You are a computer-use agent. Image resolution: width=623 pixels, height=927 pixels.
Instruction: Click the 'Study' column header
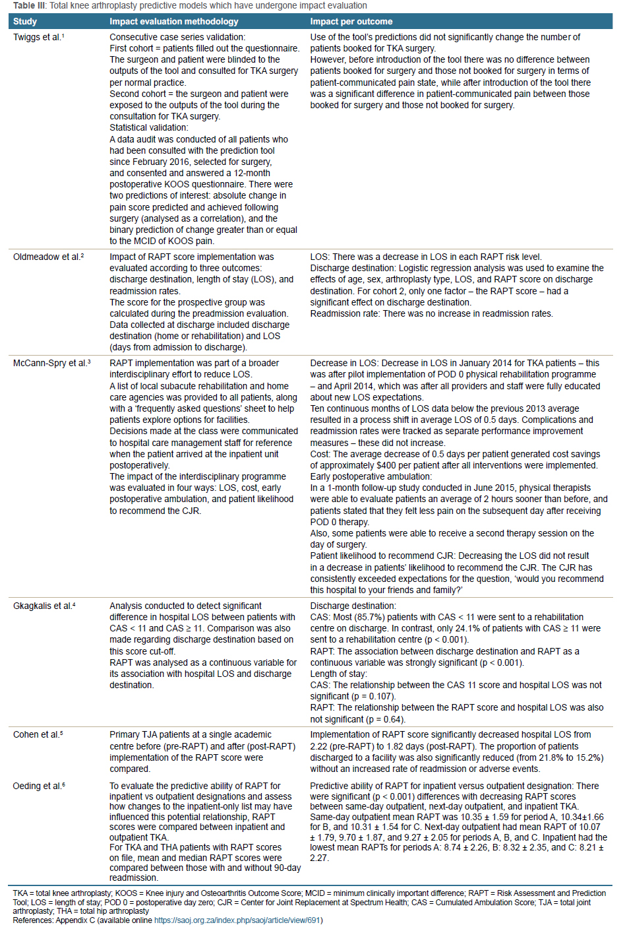[25, 22]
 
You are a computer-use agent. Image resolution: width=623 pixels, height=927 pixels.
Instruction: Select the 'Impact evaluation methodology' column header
[173, 22]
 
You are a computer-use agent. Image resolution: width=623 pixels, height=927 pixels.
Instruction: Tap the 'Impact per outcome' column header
[351, 22]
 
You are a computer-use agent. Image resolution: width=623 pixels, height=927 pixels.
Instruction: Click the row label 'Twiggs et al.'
[38, 38]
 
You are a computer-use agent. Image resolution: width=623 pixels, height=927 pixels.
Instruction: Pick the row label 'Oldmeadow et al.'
[48, 257]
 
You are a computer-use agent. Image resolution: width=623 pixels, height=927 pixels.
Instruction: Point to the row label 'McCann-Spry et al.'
[51, 364]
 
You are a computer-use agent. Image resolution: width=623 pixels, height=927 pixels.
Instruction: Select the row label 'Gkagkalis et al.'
[44, 606]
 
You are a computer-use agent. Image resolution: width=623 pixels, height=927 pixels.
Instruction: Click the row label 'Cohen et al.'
[38, 734]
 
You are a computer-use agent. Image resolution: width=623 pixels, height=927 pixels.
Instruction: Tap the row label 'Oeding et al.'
[39, 786]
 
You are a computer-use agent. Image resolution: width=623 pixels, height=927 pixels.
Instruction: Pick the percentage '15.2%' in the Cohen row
[588, 757]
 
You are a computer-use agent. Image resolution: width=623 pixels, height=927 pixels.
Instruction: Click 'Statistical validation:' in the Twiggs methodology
[148, 128]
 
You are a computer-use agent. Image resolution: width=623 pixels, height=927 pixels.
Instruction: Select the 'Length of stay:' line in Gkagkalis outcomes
[339, 674]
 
